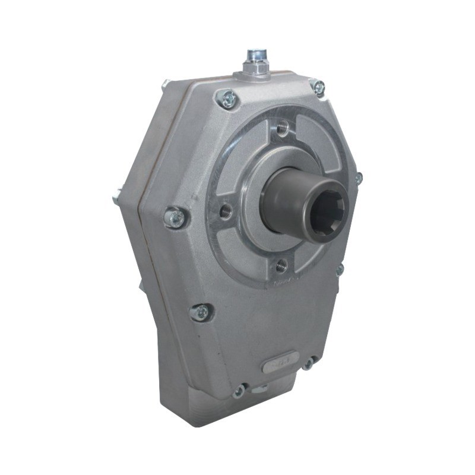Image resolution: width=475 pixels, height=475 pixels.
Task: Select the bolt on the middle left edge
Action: click(x=176, y=217)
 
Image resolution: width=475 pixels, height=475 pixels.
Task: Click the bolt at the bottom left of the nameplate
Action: click(x=239, y=389)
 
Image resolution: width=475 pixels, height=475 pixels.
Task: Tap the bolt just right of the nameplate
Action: click(x=308, y=362)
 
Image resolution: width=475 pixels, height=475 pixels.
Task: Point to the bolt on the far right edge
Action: click(x=358, y=178)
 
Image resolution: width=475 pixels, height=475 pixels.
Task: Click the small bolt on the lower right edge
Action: click(x=340, y=270)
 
